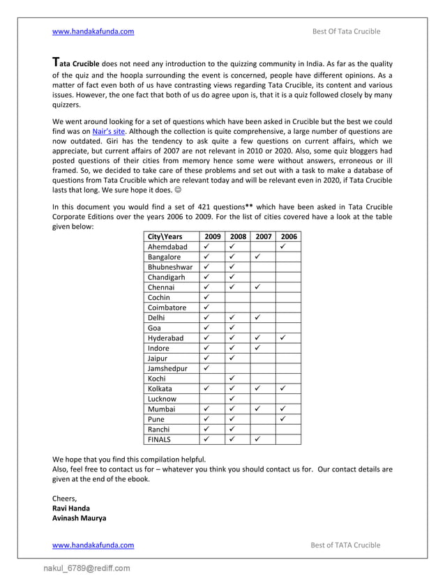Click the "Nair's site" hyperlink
click(x=108, y=130)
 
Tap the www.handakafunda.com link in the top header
click(x=93, y=31)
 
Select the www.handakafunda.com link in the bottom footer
click(x=93, y=545)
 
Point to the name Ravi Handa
click(x=71, y=508)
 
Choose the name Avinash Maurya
click(x=80, y=518)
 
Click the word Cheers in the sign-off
click(x=65, y=498)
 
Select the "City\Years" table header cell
click(x=165, y=236)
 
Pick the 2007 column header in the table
click(x=263, y=236)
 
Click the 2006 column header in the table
click(x=288, y=236)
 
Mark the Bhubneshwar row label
click(x=170, y=267)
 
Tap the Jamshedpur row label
click(x=168, y=368)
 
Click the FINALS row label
click(x=159, y=439)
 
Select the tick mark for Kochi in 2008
click(x=232, y=379)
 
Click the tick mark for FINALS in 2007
click(x=257, y=439)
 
